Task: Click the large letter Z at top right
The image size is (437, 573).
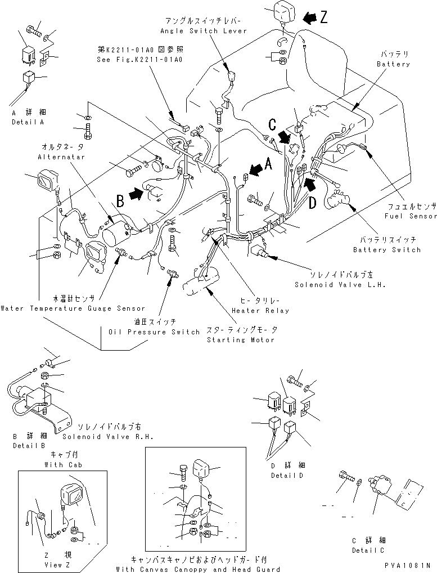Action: (323, 17)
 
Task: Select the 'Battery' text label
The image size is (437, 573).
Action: (393, 64)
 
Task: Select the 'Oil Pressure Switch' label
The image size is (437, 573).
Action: (154, 332)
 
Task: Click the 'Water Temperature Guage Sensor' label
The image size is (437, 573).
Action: (73, 308)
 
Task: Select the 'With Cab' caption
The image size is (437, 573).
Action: (62, 465)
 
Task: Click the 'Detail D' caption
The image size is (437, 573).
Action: (286, 475)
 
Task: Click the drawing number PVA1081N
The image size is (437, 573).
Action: (407, 565)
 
